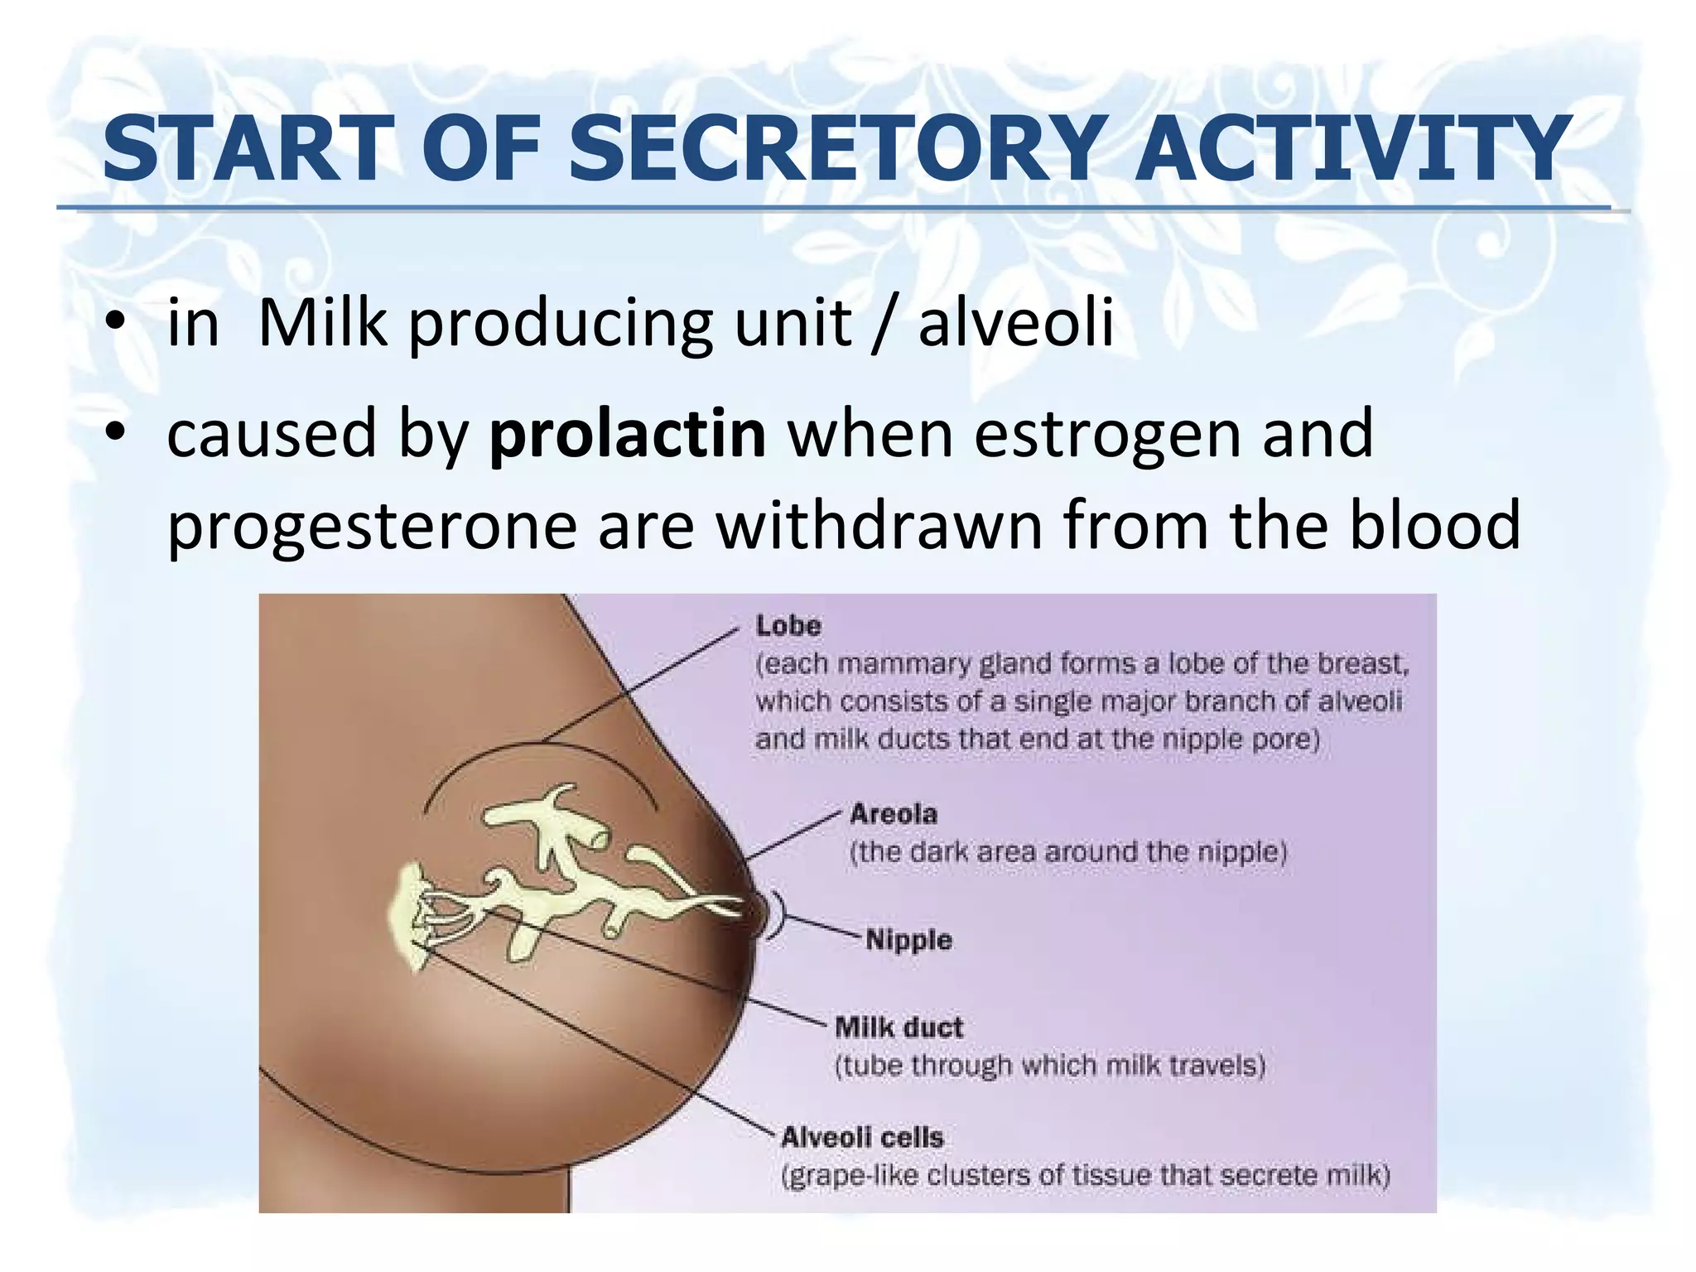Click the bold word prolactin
(627, 434)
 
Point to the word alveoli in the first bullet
(1015, 323)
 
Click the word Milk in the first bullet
(322, 323)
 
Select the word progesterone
(372, 527)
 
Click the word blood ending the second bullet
(1435, 525)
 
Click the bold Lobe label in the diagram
(788, 626)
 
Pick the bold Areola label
(894, 814)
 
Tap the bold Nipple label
(908, 940)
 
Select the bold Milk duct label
(899, 1028)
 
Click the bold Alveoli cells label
(862, 1137)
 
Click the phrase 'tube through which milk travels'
(1050, 1066)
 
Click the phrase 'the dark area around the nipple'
(1068, 852)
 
